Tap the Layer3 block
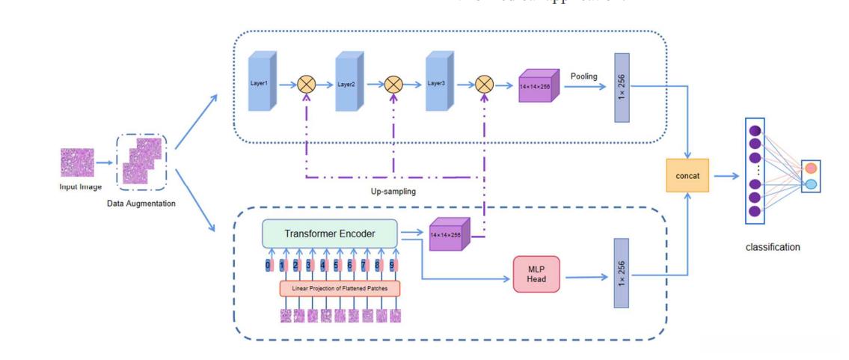point(439,82)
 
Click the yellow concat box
point(687,176)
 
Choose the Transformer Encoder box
point(329,234)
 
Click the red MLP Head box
point(536,273)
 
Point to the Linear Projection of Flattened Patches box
point(340,288)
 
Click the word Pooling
point(583,76)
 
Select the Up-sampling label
point(393,192)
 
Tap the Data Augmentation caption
point(141,204)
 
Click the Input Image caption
point(80,186)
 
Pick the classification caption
point(773,247)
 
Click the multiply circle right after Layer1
point(307,85)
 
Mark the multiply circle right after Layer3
point(485,85)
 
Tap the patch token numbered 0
point(269,265)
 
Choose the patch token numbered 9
point(392,265)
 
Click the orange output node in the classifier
point(810,168)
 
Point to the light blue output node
point(810,184)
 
